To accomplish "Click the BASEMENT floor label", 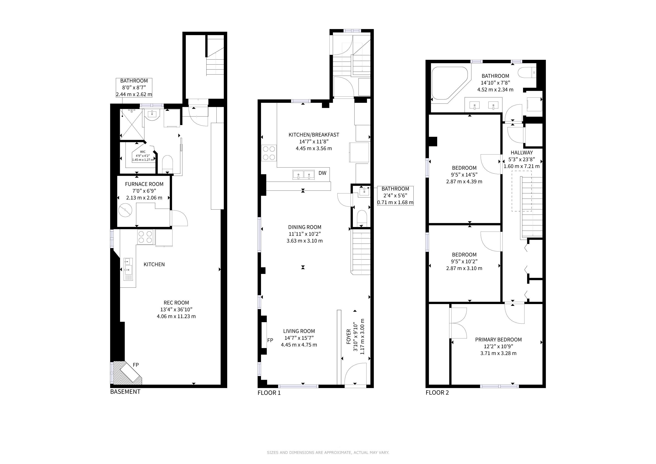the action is [125, 392].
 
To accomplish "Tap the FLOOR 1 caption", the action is [269, 393].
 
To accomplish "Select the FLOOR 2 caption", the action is [437, 393].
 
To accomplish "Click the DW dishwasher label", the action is [322, 173].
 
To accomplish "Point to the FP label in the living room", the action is [270, 340].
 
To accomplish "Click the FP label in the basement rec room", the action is [136, 365].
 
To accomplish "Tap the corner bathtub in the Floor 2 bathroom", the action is [449, 83].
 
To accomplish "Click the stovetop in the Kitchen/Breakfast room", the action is [269, 153].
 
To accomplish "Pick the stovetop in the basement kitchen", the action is [145, 237].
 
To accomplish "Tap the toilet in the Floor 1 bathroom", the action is [362, 218].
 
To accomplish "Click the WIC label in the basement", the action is [142, 152].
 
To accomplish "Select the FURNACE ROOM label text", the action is [144, 184].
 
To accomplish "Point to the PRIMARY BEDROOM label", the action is [498, 340].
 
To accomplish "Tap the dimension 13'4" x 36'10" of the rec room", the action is [176, 309].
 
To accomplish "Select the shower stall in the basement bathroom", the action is [131, 125].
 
